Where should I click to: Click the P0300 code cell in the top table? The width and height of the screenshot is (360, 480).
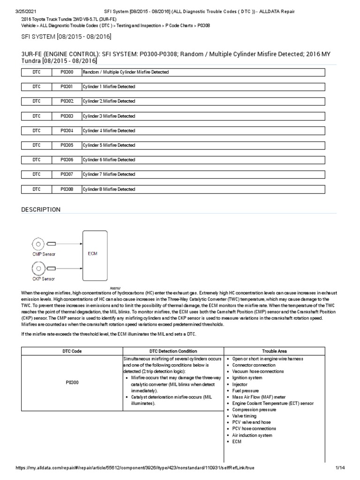click(x=67, y=72)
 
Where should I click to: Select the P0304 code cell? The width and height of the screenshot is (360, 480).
click(x=67, y=131)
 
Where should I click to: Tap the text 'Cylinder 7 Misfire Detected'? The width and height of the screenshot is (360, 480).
click(x=109, y=174)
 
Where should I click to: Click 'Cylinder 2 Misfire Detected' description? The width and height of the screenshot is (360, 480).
click(x=109, y=101)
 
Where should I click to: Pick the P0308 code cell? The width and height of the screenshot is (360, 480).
click(x=67, y=189)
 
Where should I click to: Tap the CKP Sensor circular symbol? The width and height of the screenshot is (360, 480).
click(x=37, y=268)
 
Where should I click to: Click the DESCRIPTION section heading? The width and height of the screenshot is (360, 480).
click(x=41, y=210)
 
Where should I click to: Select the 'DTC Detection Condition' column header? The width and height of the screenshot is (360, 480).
click(x=173, y=351)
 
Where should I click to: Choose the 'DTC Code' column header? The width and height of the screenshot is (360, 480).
click(x=72, y=351)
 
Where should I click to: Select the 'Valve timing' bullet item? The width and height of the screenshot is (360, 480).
click(x=245, y=416)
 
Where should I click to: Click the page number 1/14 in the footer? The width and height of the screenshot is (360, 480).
click(x=340, y=468)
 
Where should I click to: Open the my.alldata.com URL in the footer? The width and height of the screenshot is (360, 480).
click(x=135, y=468)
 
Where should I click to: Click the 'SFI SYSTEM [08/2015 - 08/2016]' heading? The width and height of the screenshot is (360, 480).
click(x=66, y=37)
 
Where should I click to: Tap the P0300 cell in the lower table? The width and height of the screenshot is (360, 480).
click(x=72, y=382)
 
